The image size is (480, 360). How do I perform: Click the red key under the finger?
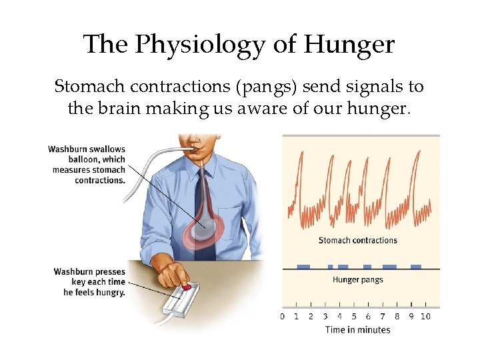[187, 287]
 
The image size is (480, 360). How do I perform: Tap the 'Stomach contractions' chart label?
[357, 241]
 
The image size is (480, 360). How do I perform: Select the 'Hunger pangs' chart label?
[357, 279]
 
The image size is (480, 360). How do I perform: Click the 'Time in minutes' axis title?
[357, 329]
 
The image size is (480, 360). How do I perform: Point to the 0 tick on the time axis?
[282, 316]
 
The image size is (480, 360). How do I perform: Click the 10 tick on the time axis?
[425, 316]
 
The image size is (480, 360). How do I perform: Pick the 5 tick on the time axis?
[353, 316]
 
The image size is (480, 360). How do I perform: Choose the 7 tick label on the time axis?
[383, 316]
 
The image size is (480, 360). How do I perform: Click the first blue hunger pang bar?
[303, 267]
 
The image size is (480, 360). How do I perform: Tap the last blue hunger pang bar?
[416, 267]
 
